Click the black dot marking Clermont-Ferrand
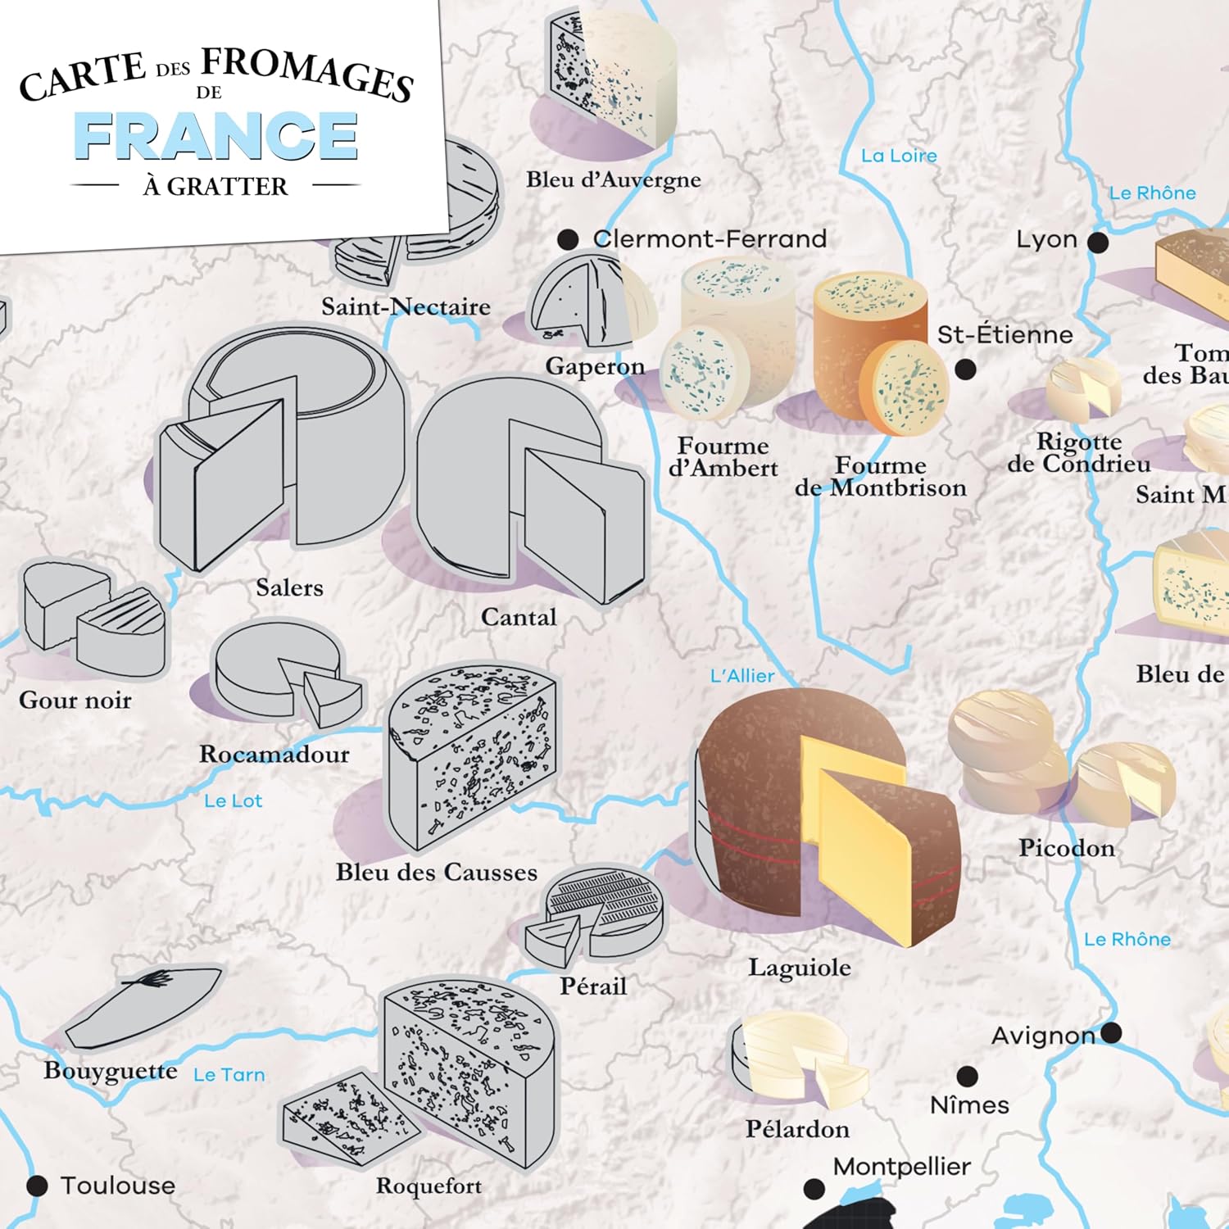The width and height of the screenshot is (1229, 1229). click(x=568, y=239)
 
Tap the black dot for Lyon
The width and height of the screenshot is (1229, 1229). click(x=1098, y=243)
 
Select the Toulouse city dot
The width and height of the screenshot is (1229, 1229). click(x=37, y=1186)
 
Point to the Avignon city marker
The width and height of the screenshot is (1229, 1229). click(x=1111, y=1033)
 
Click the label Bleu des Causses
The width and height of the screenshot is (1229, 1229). click(x=436, y=873)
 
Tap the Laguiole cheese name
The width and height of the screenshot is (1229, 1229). click(x=799, y=968)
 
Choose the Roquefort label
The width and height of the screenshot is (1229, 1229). click(x=429, y=1186)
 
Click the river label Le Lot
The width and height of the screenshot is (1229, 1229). click(x=233, y=801)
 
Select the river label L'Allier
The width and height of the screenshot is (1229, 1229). click(x=742, y=676)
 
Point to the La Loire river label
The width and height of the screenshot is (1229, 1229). click(x=899, y=156)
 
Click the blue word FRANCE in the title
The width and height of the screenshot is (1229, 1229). click(x=216, y=136)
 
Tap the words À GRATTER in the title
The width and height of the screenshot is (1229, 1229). click(x=215, y=187)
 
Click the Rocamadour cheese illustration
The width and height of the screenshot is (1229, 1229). click(x=283, y=672)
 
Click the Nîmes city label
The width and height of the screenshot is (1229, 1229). click(x=969, y=1105)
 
